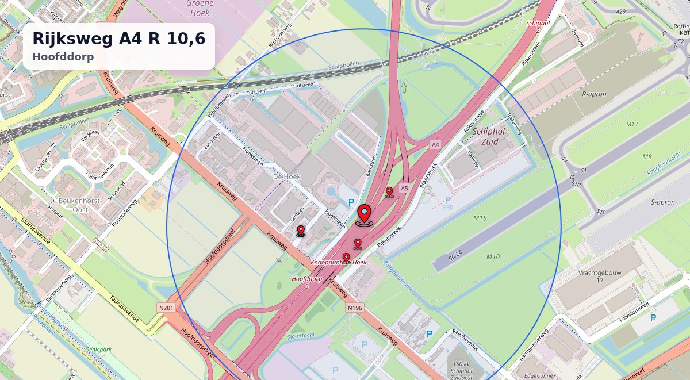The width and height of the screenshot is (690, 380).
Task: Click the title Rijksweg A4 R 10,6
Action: pos(118,39)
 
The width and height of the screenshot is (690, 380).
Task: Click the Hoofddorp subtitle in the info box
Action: pos(63,57)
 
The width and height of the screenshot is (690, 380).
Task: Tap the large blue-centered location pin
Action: pos(364,214)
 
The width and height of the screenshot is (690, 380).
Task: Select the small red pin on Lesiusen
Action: pos(301,231)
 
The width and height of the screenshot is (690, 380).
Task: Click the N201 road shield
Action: pos(166,308)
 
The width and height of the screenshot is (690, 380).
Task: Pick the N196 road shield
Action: pos(355,308)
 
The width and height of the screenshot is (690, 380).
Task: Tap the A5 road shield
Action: pos(404,188)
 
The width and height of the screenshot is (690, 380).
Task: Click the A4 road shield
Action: pos(435,144)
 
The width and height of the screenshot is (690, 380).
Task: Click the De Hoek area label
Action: pos(287,176)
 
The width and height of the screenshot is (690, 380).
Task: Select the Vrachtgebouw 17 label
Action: pos(599,277)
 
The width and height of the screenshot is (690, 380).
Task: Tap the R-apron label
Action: pos(595,94)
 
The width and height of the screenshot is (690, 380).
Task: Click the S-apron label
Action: pos(663,202)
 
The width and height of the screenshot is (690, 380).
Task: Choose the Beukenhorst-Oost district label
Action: pos(79,205)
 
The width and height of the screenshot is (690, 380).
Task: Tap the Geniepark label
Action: pos(98,349)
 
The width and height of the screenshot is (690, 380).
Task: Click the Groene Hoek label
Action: pos(200,7)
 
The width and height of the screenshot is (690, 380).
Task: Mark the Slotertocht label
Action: pos(301,335)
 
